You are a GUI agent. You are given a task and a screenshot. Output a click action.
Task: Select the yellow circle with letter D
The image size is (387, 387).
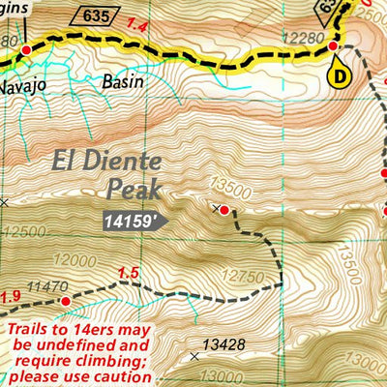click(x=340, y=74)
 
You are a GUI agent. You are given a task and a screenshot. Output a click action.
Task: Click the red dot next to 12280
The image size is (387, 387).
click(x=333, y=45)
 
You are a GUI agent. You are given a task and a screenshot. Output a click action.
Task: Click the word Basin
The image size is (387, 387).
click(x=122, y=81)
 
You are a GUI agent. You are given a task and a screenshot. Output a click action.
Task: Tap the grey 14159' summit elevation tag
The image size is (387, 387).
click(x=132, y=221)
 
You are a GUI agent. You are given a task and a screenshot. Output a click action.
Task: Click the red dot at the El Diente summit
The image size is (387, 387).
click(x=224, y=209)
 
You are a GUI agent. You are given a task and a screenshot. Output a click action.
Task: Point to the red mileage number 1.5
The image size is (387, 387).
click(x=128, y=274)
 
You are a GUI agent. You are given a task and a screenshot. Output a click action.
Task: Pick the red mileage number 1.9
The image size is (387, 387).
click(x=11, y=296)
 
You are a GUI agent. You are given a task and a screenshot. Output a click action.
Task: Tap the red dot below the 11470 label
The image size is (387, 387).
click(x=66, y=302)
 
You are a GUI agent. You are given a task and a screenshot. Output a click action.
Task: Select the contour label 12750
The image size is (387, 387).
click(x=232, y=280)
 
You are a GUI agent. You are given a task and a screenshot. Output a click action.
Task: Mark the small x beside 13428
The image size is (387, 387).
click(x=195, y=356)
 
